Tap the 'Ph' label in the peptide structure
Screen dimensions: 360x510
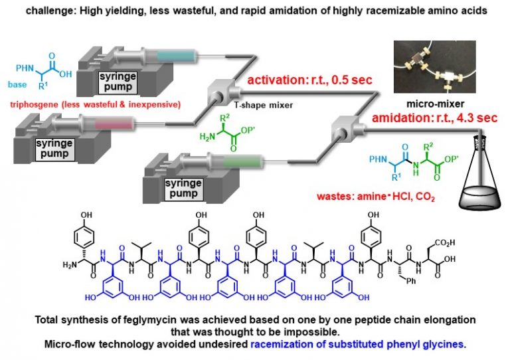(x=411, y=278)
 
